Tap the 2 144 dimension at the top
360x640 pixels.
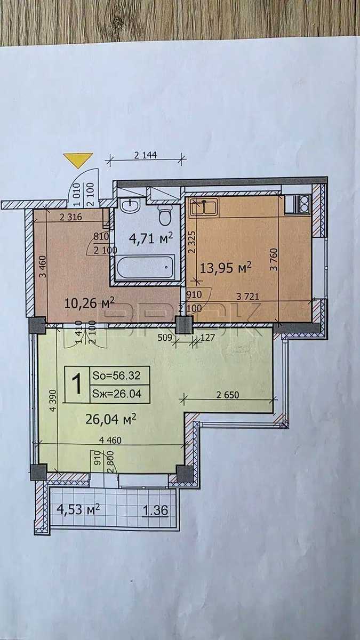click(x=146, y=155)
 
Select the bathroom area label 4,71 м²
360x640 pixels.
click(x=151, y=238)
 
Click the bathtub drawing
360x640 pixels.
click(x=146, y=267)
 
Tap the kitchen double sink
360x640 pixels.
click(x=204, y=206)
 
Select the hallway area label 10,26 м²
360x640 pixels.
click(x=90, y=303)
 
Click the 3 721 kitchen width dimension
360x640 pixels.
click(x=247, y=297)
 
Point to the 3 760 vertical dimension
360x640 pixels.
click(x=274, y=259)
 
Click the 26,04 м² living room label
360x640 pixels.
click(x=111, y=419)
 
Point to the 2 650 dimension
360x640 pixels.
click(x=228, y=395)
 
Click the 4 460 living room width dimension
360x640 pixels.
click(x=110, y=440)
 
